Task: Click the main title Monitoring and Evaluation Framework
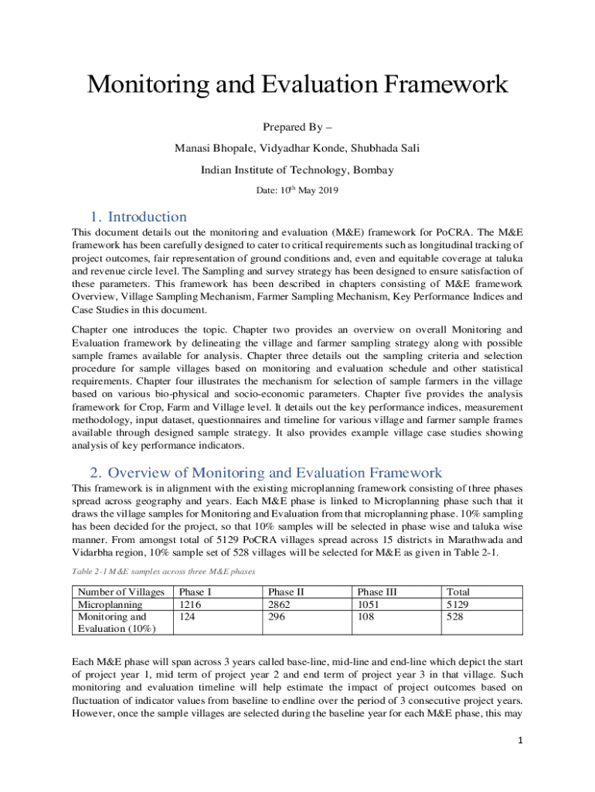(297, 84)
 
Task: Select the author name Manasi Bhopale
(212, 148)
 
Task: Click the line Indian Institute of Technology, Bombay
(297, 170)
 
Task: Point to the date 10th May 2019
(297, 190)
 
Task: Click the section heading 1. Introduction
(136, 217)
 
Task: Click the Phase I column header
(195, 592)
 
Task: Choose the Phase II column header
(287, 592)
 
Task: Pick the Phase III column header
(378, 592)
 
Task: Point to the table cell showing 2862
(280, 604)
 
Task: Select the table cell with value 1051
(370, 604)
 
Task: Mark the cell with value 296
(277, 616)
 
